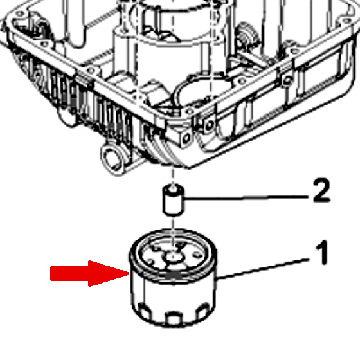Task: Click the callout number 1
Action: (x=322, y=253)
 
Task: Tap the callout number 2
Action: (x=321, y=190)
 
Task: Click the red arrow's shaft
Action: (x=69, y=273)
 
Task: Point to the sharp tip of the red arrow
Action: (x=130, y=273)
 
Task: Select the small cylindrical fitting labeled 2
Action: (x=174, y=201)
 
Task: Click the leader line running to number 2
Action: (x=246, y=197)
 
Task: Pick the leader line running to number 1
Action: (x=262, y=269)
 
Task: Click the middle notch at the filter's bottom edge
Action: (x=174, y=318)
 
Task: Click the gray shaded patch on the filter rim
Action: (x=174, y=276)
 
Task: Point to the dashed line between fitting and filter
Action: (x=174, y=224)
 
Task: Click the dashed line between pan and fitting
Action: (x=173, y=175)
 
